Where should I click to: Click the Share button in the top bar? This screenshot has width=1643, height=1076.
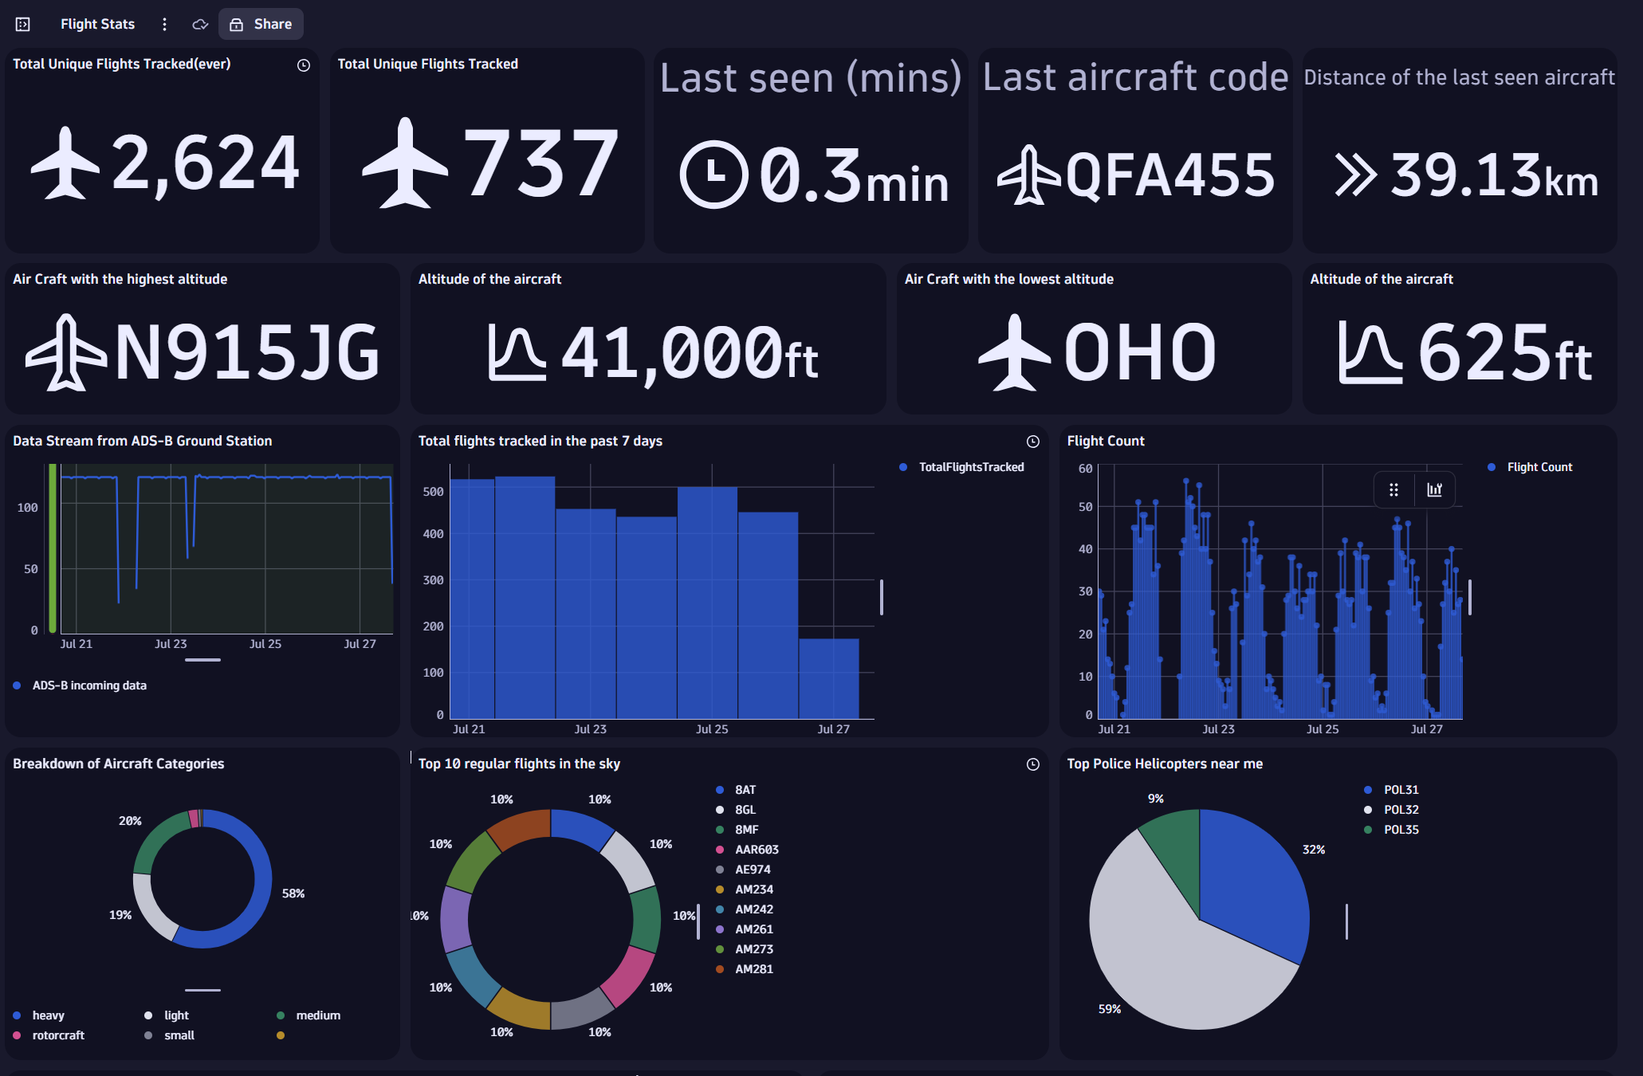pyautogui.click(x=261, y=24)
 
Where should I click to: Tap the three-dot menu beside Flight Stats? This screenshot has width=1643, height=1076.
pyautogui.click(x=164, y=24)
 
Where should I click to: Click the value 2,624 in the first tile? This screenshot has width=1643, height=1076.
pyautogui.click(x=205, y=163)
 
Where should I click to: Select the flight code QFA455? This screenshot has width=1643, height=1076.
pyautogui.click(x=1169, y=175)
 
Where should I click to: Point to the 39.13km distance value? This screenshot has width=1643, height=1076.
pyautogui.click(x=1494, y=175)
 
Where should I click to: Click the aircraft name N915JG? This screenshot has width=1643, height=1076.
pyautogui.click(x=247, y=352)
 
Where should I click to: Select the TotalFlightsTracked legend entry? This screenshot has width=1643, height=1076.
pyautogui.click(x=970, y=467)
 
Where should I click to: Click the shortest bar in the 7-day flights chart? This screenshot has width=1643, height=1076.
pyautogui.click(x=829, y=677)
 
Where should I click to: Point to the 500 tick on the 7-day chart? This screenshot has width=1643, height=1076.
pyautogui.click(x=433, y=492)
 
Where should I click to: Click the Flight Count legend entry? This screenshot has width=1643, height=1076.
pyautogui.click(x=1539, y=467)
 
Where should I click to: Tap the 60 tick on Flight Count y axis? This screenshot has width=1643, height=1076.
pyautogui.click(x=1085, y=469)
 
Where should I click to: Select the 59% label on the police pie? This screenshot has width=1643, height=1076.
pyautogui.click(x=1109, y=1009)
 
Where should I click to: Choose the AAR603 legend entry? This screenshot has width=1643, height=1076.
pyautogui.click(x=756, y=850)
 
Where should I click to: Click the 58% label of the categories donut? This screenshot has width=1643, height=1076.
pyautogui.click(x=293, y=893)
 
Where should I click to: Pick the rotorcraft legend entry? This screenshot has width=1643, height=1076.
pyautogui.click(x=57, y=1035)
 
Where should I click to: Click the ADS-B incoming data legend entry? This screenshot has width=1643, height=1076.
pyautogui.click(x=88, y=685)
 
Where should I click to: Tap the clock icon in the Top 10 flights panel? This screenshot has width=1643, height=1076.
pyautogui.click(x=1032, y=764)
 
